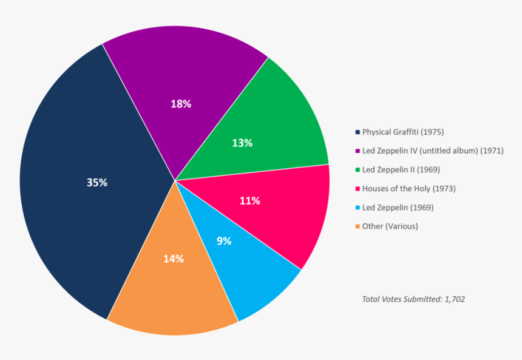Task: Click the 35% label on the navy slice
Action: click(x=97, y=182)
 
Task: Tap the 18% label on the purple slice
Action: click(x=181, y=104)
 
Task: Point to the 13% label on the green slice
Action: click(x=242, y=143)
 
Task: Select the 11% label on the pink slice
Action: click(x=249, y=200)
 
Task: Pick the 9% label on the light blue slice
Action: click(x=224, y=240)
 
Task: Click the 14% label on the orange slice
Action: click(x=173, y=259)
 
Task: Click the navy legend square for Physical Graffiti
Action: click(x=358, y=132)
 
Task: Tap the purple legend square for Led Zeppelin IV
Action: click(x=358, y=151)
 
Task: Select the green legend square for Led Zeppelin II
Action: click(x=358, y=170)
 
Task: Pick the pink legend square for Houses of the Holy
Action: click(x=358, y=189)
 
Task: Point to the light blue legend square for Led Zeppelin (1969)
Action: click(x=358, y=208)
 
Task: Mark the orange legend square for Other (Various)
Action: click(x=358, y=226)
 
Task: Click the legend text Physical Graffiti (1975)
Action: click(x=403, y=132)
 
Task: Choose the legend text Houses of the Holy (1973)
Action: click(x=408, y=189)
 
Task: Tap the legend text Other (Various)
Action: click(x=390, y=226)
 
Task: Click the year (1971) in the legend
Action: click(x=492, y=151)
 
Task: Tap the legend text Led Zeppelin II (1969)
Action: click(x=401, y=170)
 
